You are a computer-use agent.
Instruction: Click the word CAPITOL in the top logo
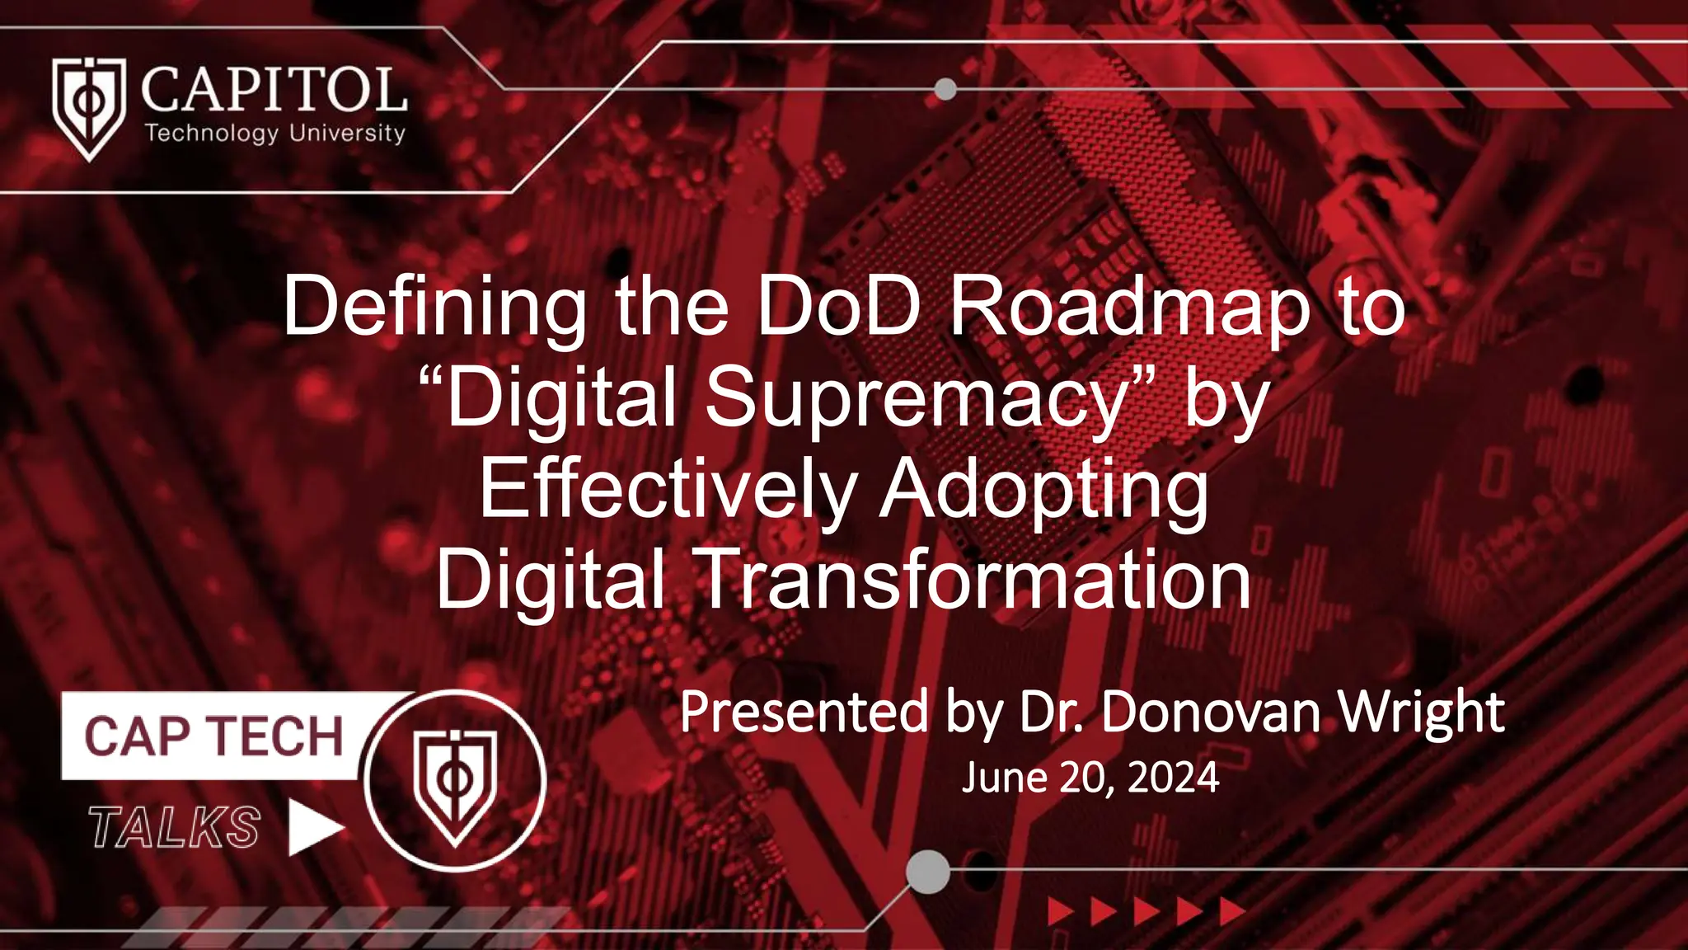[x=274, y=90]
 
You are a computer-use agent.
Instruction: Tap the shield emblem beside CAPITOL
[x=88, y=107]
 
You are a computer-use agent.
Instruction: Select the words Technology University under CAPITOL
[x=275, y=133]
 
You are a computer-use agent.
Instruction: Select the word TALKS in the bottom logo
[x=175, y=827]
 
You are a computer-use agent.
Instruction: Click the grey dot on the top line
[x=945, y=88]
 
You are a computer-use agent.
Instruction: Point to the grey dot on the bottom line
[x=928, y=871]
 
